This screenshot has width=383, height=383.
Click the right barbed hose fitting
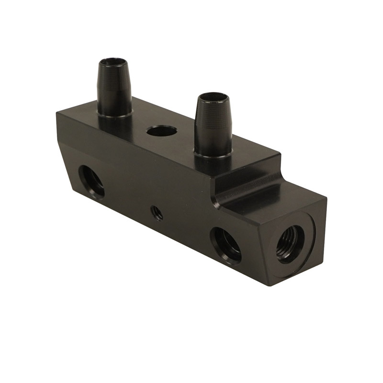pos(213,124)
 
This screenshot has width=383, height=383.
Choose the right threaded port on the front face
pos(225,244)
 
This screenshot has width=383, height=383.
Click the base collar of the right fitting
pos(213,152)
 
